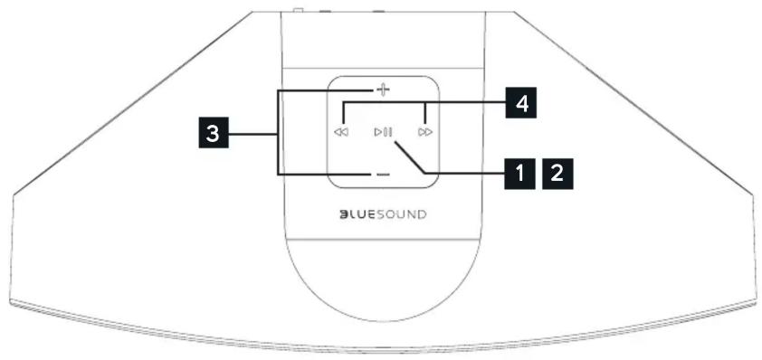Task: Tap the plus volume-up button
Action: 383,90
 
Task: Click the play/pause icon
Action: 383,132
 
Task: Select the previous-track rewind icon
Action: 341,132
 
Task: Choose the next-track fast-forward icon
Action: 425,132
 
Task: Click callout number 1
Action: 520,171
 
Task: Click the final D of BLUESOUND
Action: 421,214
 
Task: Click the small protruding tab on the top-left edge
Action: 298,11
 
